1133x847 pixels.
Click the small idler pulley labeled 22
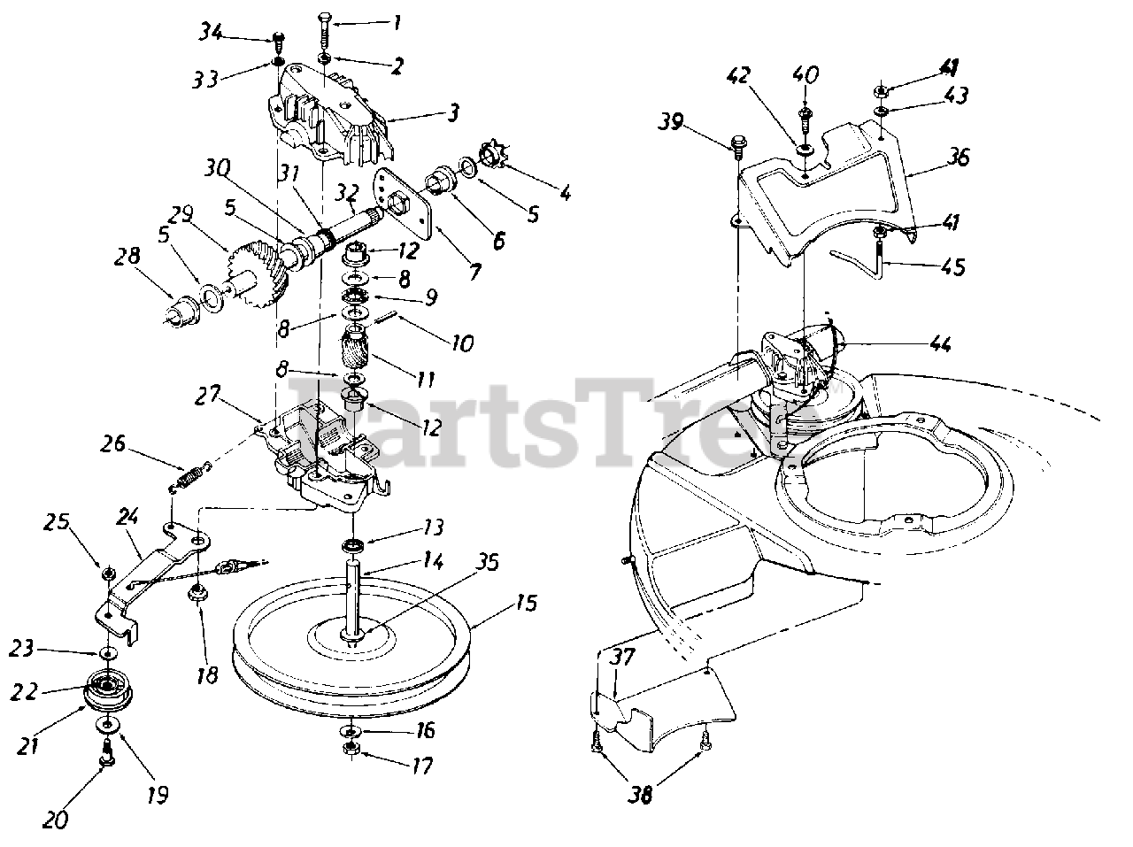(x=107, y=690)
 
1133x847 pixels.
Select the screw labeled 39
(x=737, y=143)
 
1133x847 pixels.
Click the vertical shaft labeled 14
(x=354, y=602)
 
